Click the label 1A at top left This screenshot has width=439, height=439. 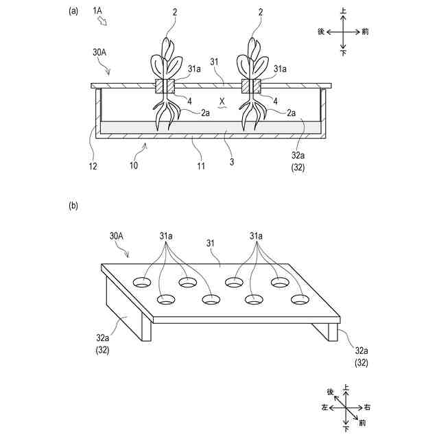(x=99, y=11)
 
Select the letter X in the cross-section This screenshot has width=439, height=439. (x=222, y=102)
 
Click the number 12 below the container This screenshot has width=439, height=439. (x=93, y=166)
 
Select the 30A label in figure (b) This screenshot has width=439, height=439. (x=116, y=235)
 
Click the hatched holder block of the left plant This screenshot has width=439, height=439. (x=165, y=87)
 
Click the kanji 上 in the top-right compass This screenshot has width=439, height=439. (x=343, y=11)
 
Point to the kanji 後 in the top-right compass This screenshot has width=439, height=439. (x=320, y=32)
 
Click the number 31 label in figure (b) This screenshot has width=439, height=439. (x=213, y=243)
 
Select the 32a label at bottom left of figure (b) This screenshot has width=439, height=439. (x=104, y=337)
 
